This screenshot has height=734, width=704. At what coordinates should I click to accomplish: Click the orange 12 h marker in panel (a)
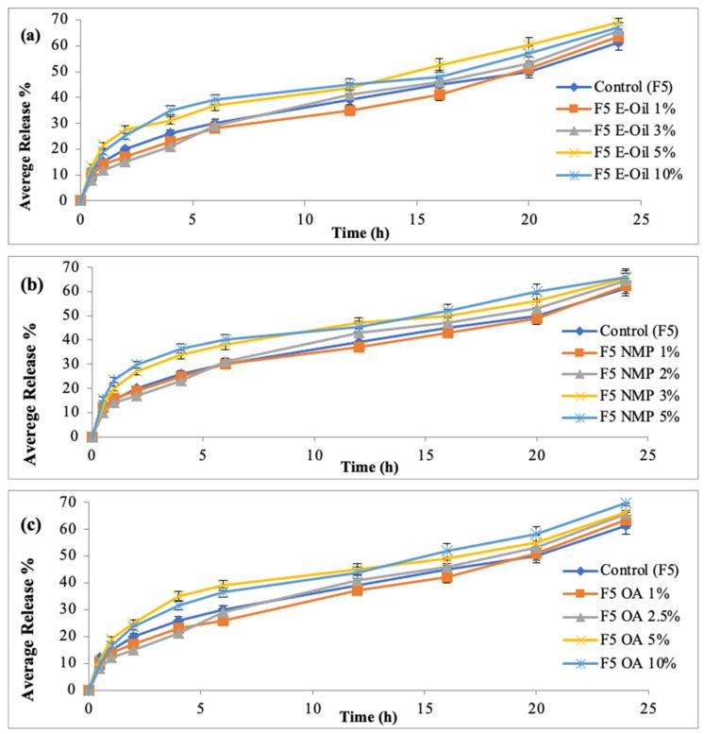tap(350, 111)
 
